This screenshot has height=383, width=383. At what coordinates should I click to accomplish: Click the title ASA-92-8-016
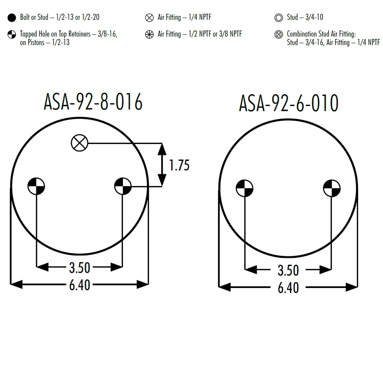tap(93, 102)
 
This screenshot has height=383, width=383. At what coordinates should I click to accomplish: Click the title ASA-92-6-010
tap(288, 103)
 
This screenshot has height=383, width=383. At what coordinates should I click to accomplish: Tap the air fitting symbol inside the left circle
tap(79, 143)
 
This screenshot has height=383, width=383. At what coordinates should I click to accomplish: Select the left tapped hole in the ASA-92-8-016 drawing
tap(36, 186)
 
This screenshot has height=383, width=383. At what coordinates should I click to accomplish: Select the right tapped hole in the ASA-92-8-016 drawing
tap(123, 186)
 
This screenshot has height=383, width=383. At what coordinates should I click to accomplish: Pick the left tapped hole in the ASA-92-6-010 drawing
tap(244, 188)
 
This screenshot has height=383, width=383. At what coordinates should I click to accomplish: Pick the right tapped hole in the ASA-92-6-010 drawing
tap(332, 188)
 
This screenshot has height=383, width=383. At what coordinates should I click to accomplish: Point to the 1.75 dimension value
tap(179, 165)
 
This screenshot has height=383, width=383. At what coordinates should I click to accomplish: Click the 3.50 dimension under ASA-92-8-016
tap(80, 267)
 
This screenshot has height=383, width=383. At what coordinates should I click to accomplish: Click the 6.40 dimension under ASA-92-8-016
tap(80, 285)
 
